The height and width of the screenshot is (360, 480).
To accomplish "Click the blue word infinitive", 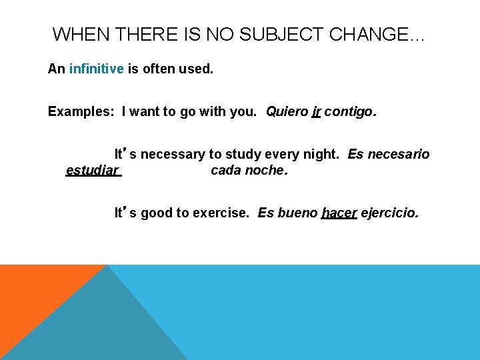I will (x=96, y=69).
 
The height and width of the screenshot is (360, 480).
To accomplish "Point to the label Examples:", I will (x=81, y=111).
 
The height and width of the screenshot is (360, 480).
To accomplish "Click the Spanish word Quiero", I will (x=287, y=111).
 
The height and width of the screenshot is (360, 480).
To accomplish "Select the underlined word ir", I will (x=316, y=111).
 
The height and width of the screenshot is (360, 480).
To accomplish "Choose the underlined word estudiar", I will (x=93, y=171).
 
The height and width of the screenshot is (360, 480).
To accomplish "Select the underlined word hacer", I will (x=339, y=213).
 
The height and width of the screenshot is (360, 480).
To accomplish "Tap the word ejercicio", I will (x=390, y=213).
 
